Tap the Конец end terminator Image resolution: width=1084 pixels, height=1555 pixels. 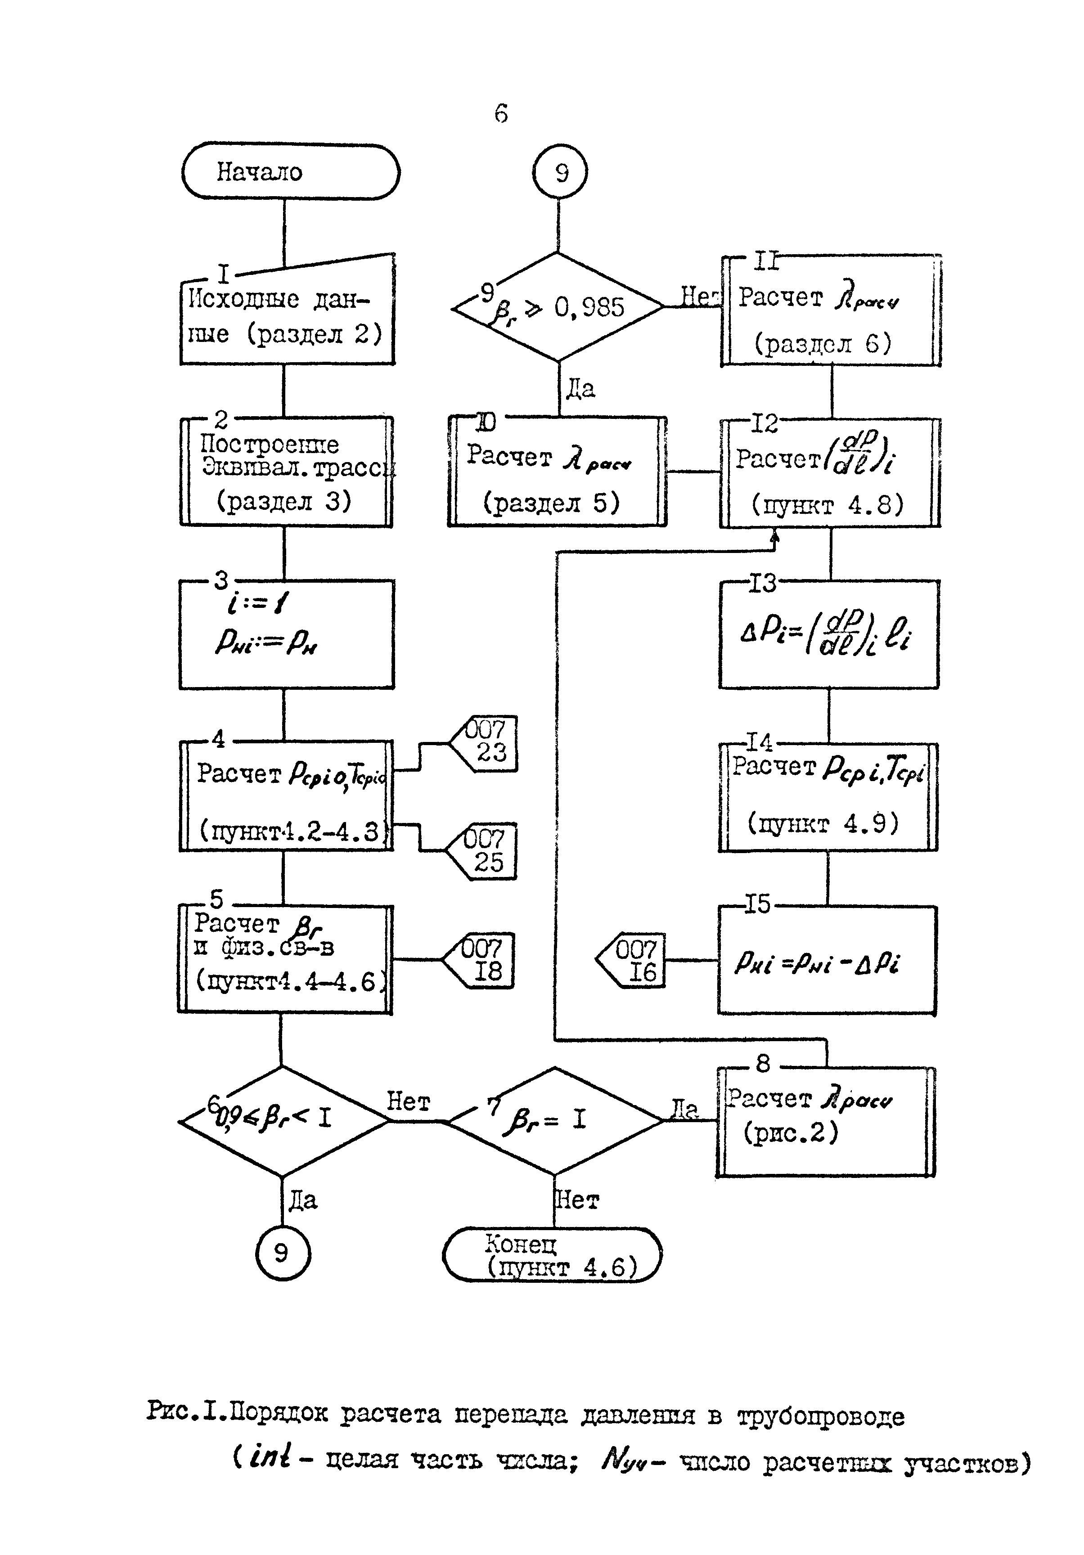(552, 1255)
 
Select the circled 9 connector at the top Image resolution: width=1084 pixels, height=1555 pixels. (560, 173)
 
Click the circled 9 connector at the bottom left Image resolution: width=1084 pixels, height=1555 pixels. (282, 1253)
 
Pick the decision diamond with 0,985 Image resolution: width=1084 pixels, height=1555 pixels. (557, 307)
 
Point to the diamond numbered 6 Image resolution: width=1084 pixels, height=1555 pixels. (283, 1121)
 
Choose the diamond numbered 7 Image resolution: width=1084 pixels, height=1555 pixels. (554, 1121)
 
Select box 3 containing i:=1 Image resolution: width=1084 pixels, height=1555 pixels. (286, 634)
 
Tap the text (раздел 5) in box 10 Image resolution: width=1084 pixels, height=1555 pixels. (551, 503)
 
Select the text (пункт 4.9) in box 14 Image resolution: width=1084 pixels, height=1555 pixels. (823, 823)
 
